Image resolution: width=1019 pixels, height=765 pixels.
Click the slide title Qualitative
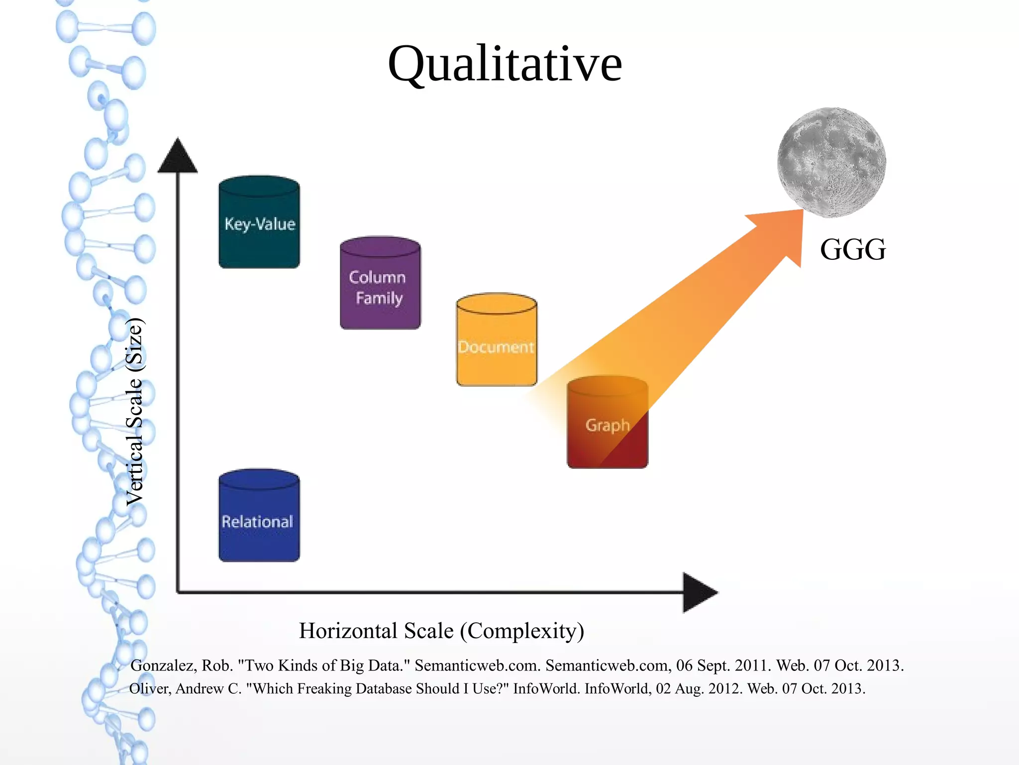(505, 64)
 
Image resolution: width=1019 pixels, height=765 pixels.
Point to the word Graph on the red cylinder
(608, 426)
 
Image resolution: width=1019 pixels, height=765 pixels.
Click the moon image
(831, 162)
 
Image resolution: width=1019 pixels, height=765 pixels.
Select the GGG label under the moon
(853, 249)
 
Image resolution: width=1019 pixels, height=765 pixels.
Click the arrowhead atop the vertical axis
(178, 157)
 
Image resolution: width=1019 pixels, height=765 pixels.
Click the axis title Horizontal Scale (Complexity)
(441, 631)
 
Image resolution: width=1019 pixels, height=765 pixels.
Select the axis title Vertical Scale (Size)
(134, 412)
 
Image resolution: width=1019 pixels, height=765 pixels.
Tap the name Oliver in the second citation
(150, 689)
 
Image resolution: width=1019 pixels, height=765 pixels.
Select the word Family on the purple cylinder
(379, 298)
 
